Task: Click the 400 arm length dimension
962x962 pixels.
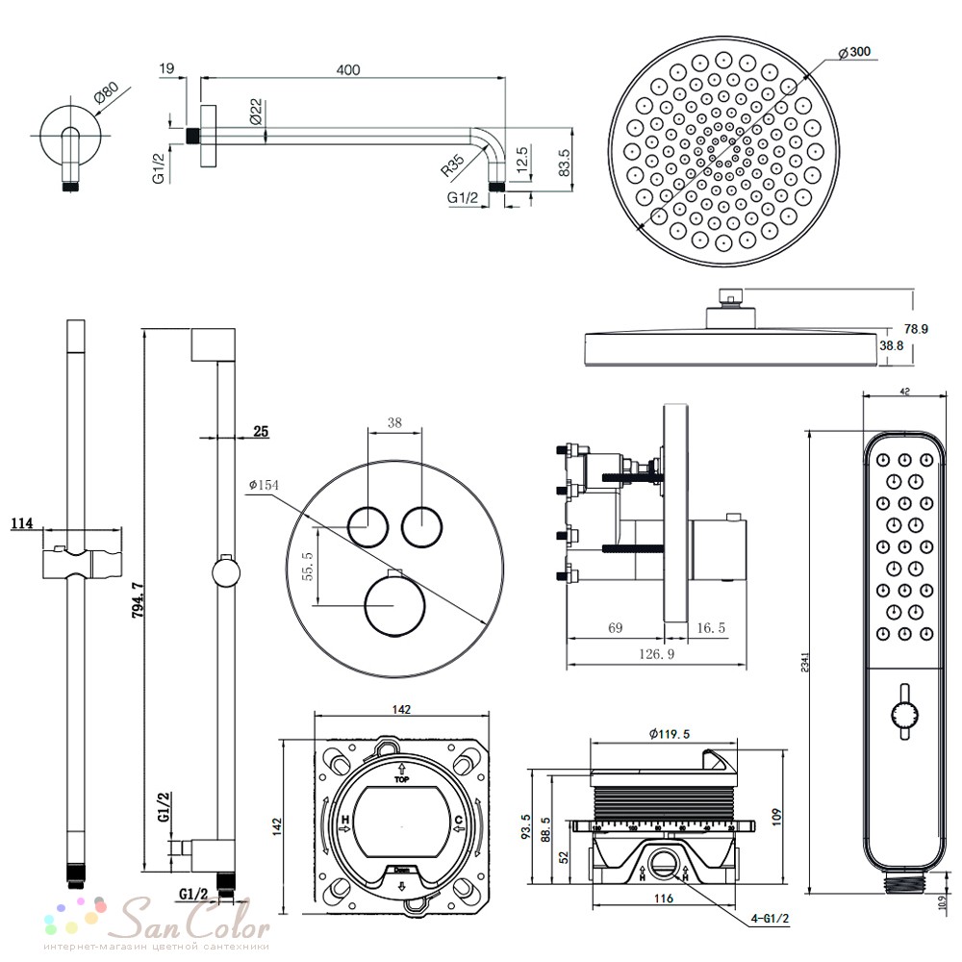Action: [349, 69]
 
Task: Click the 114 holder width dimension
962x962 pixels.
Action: [21, 523]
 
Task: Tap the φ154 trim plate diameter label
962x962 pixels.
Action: [263, 485]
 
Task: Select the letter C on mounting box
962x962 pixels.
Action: [460, 820]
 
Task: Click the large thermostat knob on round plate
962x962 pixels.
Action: [390, 608]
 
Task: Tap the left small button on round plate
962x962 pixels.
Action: [367, 525]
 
